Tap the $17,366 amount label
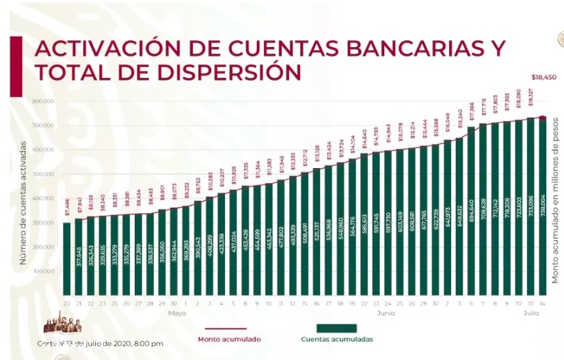coord(471,114)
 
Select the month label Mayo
coord(177,313)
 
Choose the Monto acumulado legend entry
coord(228,338)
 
